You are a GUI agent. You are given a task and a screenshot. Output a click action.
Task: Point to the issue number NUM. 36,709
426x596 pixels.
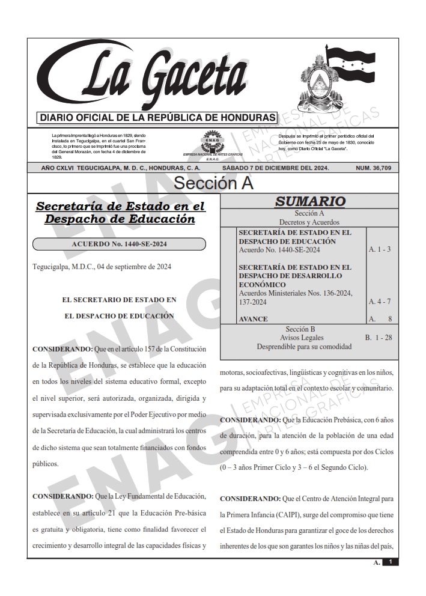pos(373,168)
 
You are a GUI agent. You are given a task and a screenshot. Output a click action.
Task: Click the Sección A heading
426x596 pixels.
pos(213,183)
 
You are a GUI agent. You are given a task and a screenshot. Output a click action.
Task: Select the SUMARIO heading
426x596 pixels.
pos(309,201)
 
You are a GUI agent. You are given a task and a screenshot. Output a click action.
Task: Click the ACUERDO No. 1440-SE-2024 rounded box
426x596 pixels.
pos(119,244)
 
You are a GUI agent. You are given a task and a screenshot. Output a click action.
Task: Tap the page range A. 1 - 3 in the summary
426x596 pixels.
pos(379,249)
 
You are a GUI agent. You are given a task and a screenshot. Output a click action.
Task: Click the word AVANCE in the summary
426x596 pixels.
pos(253,318)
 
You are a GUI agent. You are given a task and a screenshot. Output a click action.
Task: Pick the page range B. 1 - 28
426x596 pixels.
pos(379,338)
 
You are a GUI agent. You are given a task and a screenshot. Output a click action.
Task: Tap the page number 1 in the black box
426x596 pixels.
pos(391,562)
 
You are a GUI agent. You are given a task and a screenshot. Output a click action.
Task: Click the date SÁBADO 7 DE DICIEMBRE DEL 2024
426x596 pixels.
pos(276,168)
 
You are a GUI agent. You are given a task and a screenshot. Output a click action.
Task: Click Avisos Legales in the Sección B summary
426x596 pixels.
pos(300,338)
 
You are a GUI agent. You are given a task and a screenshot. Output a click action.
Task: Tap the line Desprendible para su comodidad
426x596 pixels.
pos(303,347)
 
